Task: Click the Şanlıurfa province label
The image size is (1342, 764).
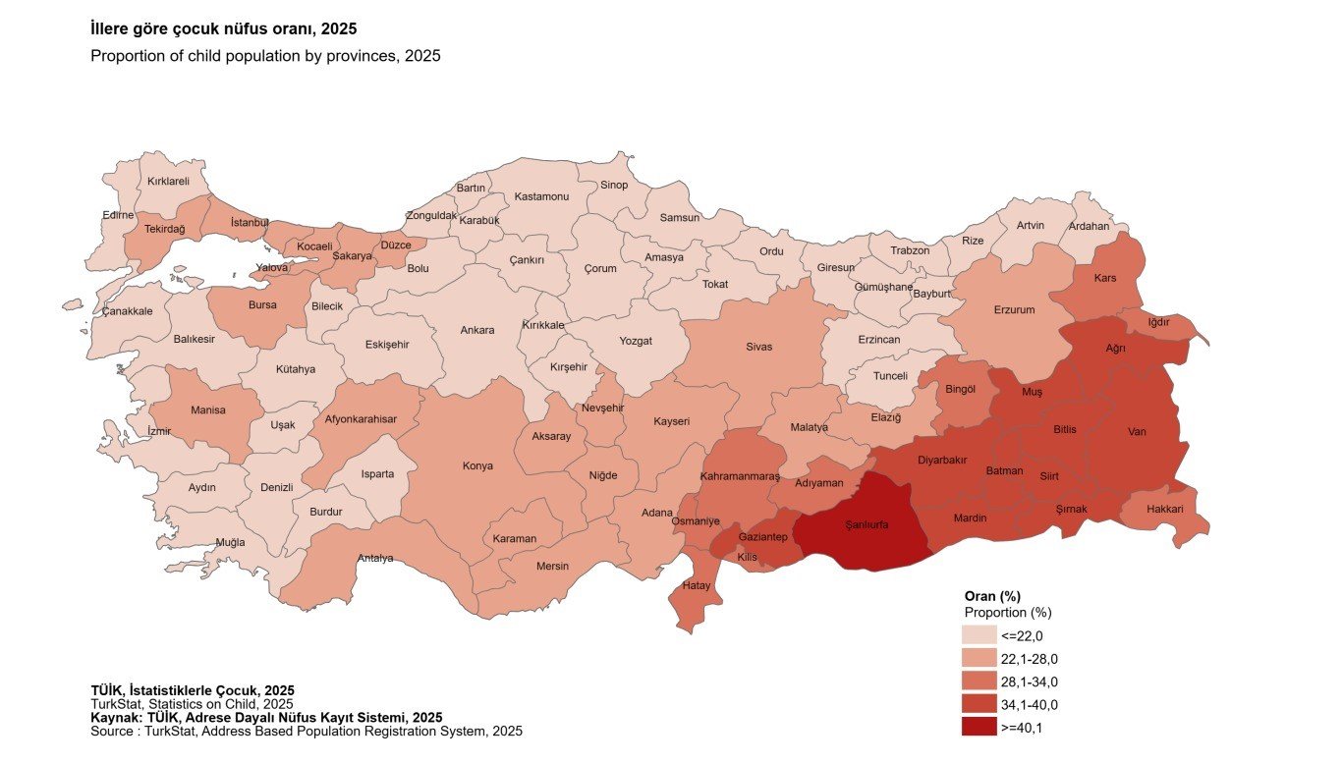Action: (867, 525)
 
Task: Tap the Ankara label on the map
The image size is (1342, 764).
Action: (477, 331)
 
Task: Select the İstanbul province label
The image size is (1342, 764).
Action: (249, 223)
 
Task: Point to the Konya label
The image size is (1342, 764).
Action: (477, 466)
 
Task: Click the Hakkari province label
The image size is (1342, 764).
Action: (1165, 510)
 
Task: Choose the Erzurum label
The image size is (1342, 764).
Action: (1014, 310)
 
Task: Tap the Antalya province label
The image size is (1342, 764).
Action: (375, 559)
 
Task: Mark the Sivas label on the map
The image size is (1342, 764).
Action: (758, 347)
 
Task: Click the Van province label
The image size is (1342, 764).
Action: (1137, 432)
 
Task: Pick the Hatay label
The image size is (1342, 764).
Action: (696, 586)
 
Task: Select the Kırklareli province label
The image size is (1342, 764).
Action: (168, 182)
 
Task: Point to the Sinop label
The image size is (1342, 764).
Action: (613, 185)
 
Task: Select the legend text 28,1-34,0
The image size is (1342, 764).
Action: (1029, 682)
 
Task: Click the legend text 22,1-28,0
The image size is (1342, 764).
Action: (1029, 659)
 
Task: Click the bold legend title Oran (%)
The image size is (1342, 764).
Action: (992, 596)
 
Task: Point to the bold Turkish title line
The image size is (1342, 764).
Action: (223, 29)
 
